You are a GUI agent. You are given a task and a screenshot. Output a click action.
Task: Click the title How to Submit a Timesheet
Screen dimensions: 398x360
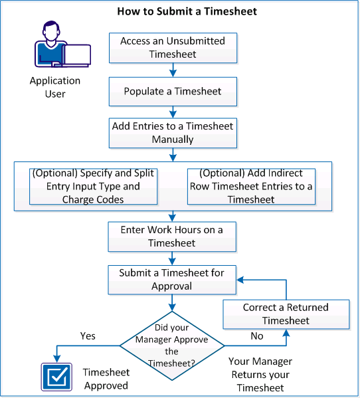click(x=177, y=11)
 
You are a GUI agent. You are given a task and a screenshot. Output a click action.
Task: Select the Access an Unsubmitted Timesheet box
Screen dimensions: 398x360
click(x=173, y=47)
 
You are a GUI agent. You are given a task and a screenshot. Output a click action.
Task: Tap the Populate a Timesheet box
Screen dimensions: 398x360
click(x=173, y=91)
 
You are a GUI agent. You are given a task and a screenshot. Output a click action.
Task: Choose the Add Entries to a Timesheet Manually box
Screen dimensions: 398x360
click(x=173, y=132)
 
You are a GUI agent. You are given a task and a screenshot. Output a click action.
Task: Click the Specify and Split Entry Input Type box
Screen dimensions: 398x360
click(x=94, y=186)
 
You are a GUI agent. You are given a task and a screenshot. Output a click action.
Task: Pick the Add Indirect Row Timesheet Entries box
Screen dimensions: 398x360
click(x=250, y=186)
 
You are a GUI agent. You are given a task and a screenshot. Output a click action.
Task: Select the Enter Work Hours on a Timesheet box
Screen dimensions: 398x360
click(x=173, y=236)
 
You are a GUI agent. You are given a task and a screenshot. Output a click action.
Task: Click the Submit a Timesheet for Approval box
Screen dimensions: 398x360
click(x=173, y=279)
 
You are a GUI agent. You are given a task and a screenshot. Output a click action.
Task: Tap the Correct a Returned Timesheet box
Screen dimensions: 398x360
click(x=286, y=314)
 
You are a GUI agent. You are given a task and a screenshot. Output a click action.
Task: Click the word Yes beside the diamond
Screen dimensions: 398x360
click(x=88, y=336)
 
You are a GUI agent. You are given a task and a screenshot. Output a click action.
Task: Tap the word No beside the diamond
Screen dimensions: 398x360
click(x=256, y=336)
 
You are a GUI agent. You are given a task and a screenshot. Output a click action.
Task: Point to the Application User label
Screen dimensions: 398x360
click(x=55, y=87)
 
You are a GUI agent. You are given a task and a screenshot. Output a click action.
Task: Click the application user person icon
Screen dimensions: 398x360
click(x=60, y=47)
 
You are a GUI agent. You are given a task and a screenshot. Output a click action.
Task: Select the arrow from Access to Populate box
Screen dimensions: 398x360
click(x=173, y=69)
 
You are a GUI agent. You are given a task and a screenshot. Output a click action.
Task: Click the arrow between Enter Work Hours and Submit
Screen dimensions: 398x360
click(x=173, y=258)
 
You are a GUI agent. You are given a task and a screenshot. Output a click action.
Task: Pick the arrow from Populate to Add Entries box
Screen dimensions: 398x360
click(x=173, y=110)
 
